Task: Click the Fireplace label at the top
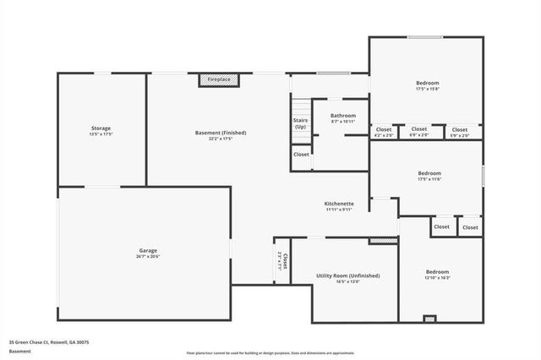point(219,79)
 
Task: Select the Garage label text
point(148,250)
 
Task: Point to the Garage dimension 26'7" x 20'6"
point(148,256)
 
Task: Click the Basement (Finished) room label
point(220,133)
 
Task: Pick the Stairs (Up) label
point(300,123)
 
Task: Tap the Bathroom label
point(342,115)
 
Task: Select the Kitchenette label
point(339,204)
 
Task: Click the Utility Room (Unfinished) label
point(347,275)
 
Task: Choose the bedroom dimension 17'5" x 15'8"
point(427,88)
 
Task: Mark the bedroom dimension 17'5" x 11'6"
point(429,179)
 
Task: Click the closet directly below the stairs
point(301,155)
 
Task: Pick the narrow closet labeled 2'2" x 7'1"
point(282,261)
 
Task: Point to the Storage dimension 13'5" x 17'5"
point(101,134)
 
